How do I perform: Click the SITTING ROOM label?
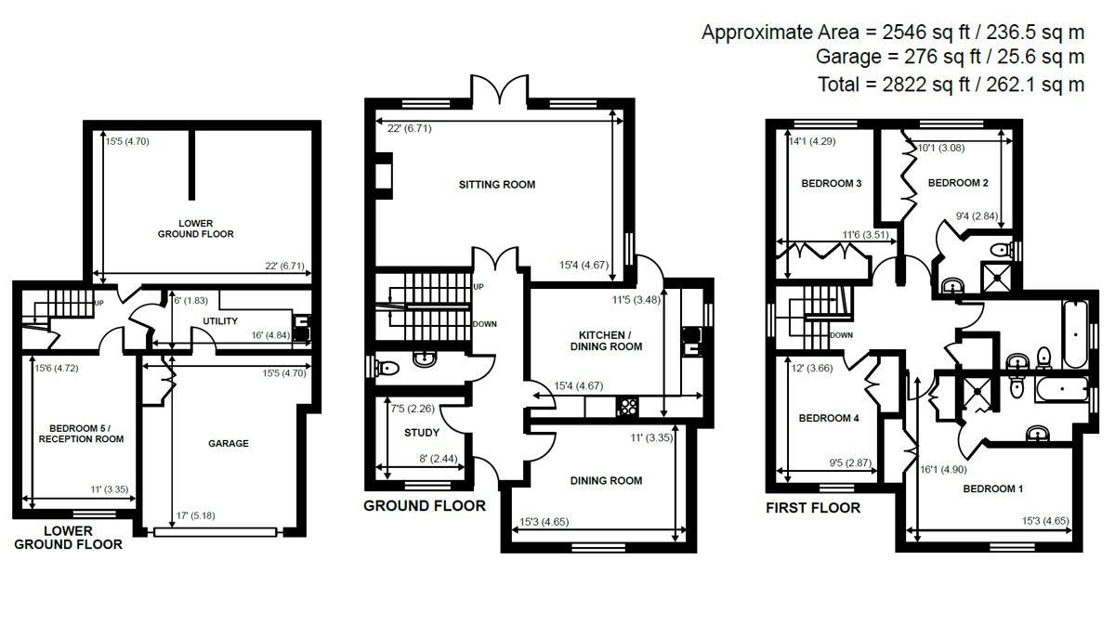pos(497,185)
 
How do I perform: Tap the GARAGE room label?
pos(228,444)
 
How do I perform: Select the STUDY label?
pos(421,433)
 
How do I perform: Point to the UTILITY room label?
pos(220,321)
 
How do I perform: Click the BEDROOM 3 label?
pos(831,184)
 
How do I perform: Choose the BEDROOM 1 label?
pos(993,488)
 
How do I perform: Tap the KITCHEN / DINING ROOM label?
pos(610,340)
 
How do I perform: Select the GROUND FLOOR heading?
pos(424,506)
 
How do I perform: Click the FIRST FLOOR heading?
pos(812,508)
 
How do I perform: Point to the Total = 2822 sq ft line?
pos(951,85)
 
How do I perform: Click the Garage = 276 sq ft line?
pos(950,58)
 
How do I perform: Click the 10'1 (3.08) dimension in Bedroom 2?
pos(939,147)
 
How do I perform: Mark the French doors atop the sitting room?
pos(501,90)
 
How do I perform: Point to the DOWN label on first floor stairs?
pos(841,335)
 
